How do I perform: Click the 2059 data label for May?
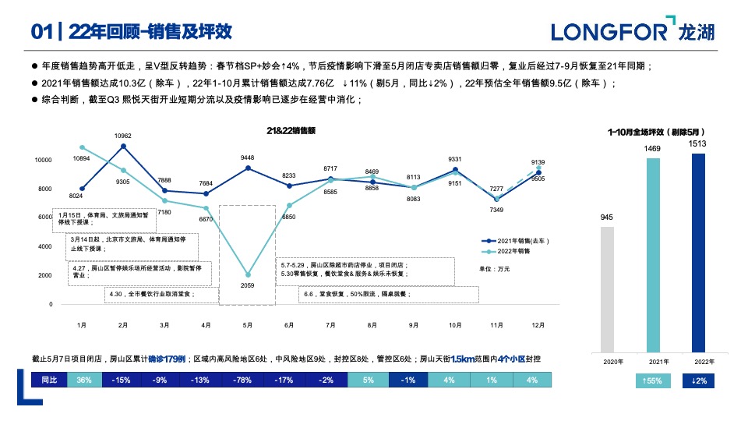pos(247,286)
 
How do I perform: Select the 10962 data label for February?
pos(122,136)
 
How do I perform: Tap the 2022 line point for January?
pos(82,147)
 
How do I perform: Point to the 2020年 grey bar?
pos(607,289)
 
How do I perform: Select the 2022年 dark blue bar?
pos(698,253)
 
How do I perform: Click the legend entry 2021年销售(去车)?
pos(517,242)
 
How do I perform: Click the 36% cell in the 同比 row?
pos(84,380)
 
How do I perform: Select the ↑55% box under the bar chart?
pos(653,380)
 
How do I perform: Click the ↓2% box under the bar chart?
pos(699,380)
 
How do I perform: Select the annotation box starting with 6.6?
pos(388,295)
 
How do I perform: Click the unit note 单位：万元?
pos(494,268)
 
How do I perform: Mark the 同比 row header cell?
pos(49,380)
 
